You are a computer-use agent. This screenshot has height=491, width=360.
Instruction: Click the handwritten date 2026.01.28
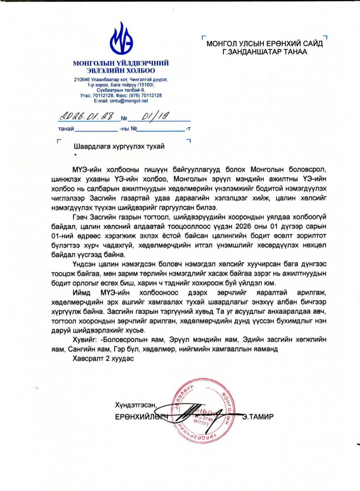pos(87,117)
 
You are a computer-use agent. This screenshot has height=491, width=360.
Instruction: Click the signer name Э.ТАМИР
pos(257,417)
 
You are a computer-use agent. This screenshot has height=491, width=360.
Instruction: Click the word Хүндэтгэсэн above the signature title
pos(135,405)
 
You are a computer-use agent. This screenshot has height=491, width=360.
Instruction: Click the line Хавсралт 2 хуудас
pos(103,358)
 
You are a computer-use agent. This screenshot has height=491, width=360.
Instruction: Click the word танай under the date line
pos(66,129)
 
